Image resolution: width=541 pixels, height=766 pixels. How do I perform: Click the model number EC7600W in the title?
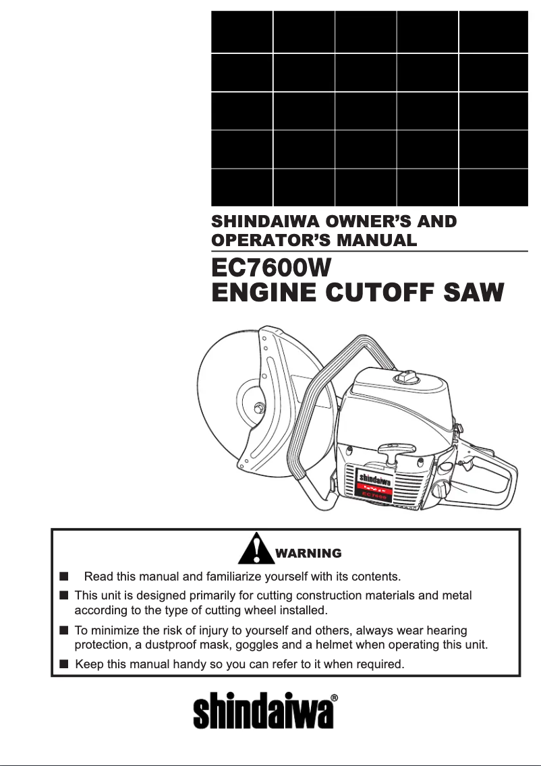click(270, 268)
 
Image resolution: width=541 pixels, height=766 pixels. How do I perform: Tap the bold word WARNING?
click(309, 554)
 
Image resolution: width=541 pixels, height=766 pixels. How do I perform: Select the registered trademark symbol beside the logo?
click(335, 699)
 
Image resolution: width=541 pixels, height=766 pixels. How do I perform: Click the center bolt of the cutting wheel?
click(258, 407)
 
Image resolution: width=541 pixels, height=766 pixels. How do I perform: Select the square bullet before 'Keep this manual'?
click(63, 664)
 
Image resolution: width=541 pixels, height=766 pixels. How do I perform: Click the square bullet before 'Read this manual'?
click(63, 577)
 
